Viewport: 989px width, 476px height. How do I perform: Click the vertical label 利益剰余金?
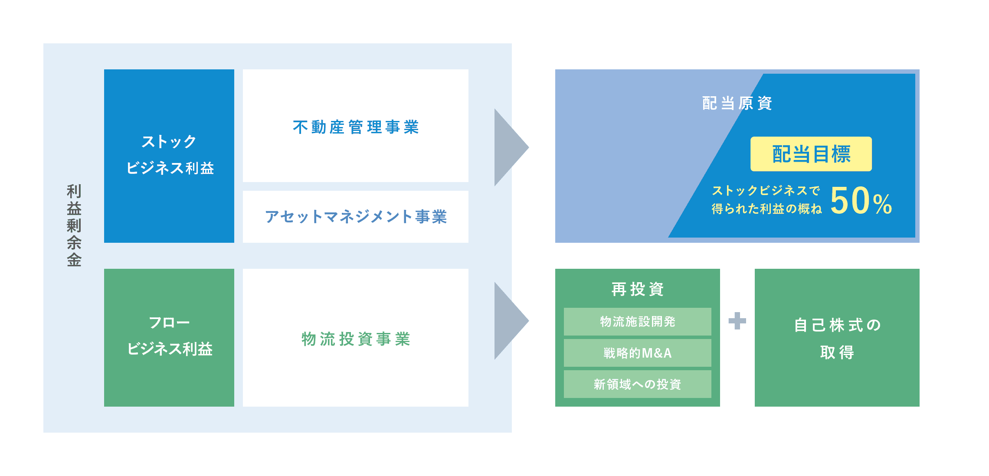(x=74, y=225)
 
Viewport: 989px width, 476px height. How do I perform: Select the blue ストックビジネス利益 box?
(x=169, y=156)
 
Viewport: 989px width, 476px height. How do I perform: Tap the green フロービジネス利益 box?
(x=169, y=338)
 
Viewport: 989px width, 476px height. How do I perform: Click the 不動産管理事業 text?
(x=356, y=127)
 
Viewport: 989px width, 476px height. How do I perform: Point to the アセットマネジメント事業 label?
(x=356, y=216)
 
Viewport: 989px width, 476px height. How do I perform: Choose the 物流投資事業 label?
(x=356, y=339)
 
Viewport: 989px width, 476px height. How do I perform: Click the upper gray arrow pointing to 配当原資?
(x=511, y=147)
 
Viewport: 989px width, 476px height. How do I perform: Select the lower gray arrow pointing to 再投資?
(x=511, y=321)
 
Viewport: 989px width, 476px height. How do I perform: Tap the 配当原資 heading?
(x=737, y=103)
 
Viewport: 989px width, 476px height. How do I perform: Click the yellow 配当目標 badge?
(x=811, y=154)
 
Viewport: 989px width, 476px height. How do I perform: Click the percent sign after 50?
(x=882, y=204)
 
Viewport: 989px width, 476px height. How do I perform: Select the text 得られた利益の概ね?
(x=766, y=209)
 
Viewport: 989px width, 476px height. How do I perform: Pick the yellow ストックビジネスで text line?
(x=766, y=190)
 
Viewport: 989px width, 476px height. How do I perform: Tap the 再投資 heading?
(x=638, y=289)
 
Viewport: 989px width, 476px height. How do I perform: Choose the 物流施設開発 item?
(x=638, y=322)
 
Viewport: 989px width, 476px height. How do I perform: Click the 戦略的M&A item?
(x=638, y=353)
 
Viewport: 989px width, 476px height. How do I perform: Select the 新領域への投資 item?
(x=638, y=384)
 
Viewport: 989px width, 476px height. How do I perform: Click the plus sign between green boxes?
(x=737, y=321)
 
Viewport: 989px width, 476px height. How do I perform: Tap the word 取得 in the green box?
(x=837, y=352)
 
